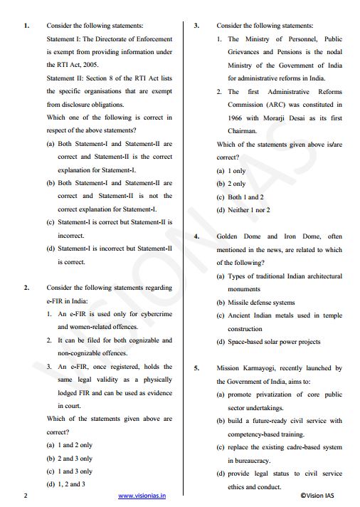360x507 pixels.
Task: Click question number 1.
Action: [x=26, y=25]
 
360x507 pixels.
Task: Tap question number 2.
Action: [x=26, y=288]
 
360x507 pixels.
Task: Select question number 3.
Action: [x=196, y=25]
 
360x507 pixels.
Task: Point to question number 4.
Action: [x=196, y=236]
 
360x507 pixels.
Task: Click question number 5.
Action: [x=196, y=368]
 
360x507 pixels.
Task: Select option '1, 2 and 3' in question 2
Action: [x=71, y=484]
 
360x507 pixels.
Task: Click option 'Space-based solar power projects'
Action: [x=274, y=342]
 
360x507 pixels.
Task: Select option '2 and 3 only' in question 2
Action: [x=75, y=458]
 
